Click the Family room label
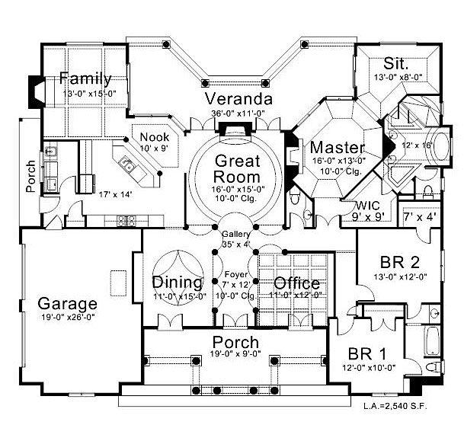[85, 78]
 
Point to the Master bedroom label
[338, 147]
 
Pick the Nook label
[155, 136]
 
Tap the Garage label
[68, 304]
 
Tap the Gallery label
[235, 234]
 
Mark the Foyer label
[235, 273]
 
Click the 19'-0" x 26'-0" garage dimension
[68, 318]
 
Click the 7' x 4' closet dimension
[420, 218]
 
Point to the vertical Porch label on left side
[30, 177]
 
